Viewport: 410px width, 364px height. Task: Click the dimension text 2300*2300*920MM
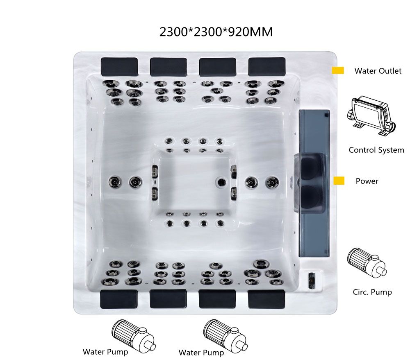point(216,32)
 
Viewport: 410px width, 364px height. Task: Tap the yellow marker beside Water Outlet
point(337,70)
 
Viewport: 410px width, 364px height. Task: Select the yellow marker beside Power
point(339,181)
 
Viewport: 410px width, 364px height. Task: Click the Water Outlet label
point(378,71)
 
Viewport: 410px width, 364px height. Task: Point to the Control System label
point(376,150)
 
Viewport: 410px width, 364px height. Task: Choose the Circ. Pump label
point(372,292)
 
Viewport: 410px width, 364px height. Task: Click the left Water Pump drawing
point(133,336)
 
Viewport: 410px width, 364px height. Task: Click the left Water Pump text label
point(105,352)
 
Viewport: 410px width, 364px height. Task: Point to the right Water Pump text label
point(201,353)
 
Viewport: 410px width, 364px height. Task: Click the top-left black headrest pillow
point(119,66)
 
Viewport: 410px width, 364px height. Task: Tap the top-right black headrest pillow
point(267,66)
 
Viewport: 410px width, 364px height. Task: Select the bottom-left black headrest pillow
point(119,299)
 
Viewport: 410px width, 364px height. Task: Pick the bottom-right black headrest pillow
point(266,299)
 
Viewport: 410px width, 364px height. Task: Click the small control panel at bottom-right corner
point(311,280)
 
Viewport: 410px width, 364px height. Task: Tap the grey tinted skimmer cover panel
point(314,183)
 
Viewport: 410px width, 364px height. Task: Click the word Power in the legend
point(367,181)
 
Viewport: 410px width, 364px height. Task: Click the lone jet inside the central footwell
point(221,182)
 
